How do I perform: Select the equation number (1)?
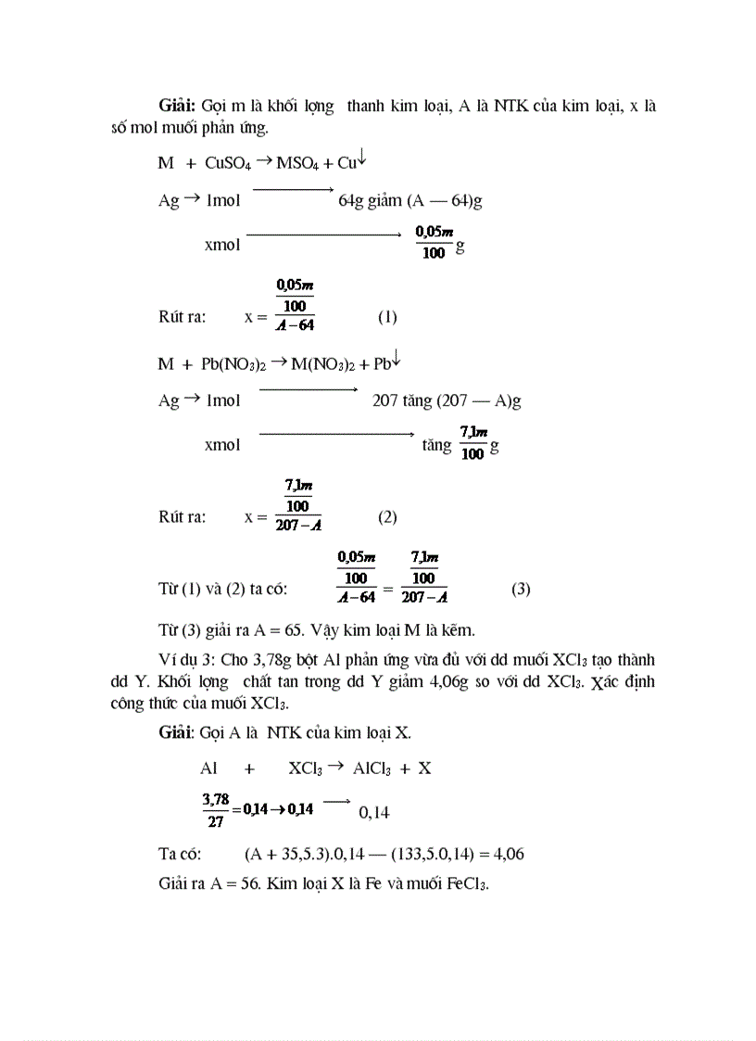387,317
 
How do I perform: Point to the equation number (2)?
387,517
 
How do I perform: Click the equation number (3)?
521,589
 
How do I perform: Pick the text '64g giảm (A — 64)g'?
410,200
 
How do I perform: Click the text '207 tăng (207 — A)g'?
447,400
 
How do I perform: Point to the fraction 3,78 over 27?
215,808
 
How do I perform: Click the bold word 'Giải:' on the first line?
176,106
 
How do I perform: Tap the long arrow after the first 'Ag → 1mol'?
292,191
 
